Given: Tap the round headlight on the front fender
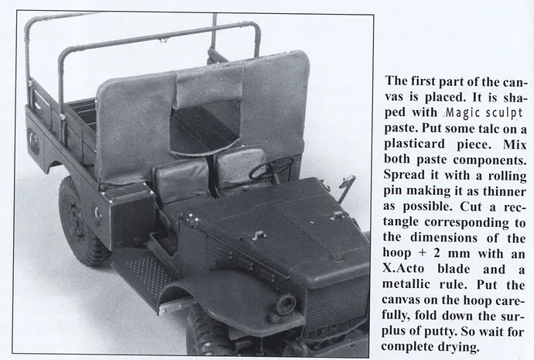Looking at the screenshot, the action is [285, 303].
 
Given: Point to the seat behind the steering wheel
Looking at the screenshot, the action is [241, 170].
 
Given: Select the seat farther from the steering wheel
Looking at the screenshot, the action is [182, 180].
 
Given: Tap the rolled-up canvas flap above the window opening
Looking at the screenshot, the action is [211, 87].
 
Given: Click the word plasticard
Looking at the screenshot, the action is [415, 144].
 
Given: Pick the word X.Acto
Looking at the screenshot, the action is [403, 269].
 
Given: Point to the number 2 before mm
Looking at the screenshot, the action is [437, 253].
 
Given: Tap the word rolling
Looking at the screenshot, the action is [507, 176].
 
